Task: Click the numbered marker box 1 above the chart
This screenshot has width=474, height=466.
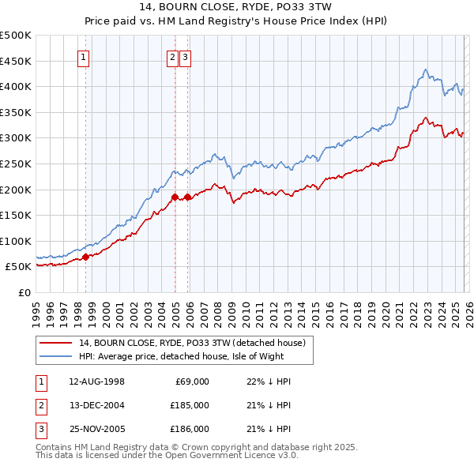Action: click(84, 56)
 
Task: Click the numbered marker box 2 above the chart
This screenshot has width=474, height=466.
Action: click(172, 56)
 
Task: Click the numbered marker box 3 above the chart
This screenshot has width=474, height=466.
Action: click(185, 56)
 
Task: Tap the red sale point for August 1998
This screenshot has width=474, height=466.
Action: click(86, 256)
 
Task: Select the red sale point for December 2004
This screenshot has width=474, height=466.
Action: click(175, 197)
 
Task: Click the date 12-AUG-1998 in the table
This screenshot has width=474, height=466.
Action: click(96, 381)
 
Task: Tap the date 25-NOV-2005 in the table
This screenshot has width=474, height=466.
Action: click(96, 429)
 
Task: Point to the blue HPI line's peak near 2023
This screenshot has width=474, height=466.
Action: click(425, 70)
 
